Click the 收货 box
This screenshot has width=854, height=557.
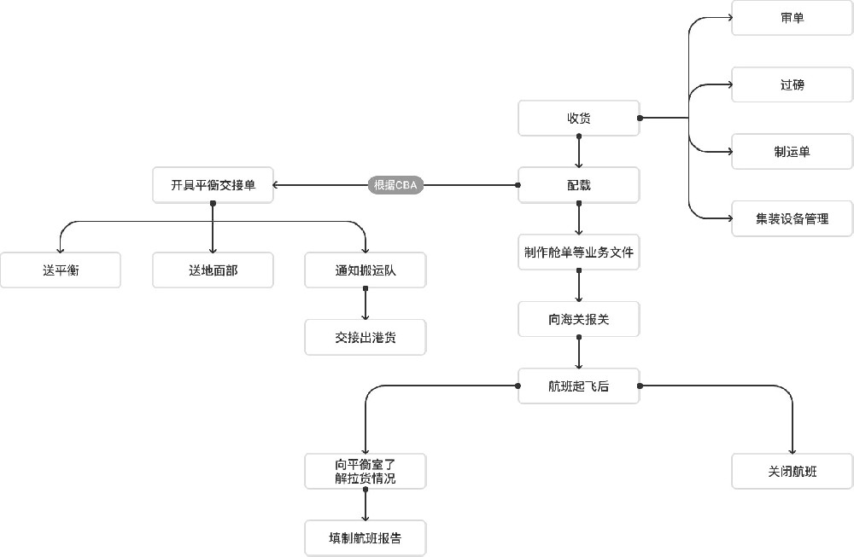pyautogui.click(x=578, y=118)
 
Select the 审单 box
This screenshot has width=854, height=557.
pyautogui.click(x=792, y=18)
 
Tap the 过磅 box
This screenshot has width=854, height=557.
pyautogui.click(x=792, y=84)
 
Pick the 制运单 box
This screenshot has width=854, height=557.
pyautogui.click(x=792, y=152)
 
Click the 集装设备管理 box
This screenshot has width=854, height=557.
pyautogui.click(x=792, y=218)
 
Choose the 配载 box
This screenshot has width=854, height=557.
pyautogui.click(x=578, y=185)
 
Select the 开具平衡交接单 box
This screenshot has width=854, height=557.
pyautogui.click(x=213, y=185)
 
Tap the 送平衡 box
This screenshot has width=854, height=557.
pyautogui.click(x=60, y=270)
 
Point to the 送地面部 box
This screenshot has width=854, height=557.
pyautogui.click(x=213, y=270)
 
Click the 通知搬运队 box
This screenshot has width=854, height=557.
pyautogui.click(x=366, y=270)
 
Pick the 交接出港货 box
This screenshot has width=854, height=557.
pyautogui.click(x=366, y=337)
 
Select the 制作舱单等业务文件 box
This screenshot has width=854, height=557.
pyautogui.click(x=578, y=252)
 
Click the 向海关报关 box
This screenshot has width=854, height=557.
pyautogui.click(x=578, y=320)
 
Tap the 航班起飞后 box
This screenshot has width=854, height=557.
pyautogui.click(x=578, y=386)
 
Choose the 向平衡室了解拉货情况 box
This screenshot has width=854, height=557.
pyautogui.click(x=366, y=472)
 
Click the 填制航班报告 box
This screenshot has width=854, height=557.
pyautogui.click(x=366, y=538)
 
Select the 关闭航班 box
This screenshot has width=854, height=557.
pyautogui.click(x=792, y=472)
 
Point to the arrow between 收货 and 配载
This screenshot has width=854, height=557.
pyautogui.click(x=579, y=151)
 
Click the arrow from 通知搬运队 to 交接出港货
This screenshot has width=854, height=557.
pyautogui.click(x=366, y=304)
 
